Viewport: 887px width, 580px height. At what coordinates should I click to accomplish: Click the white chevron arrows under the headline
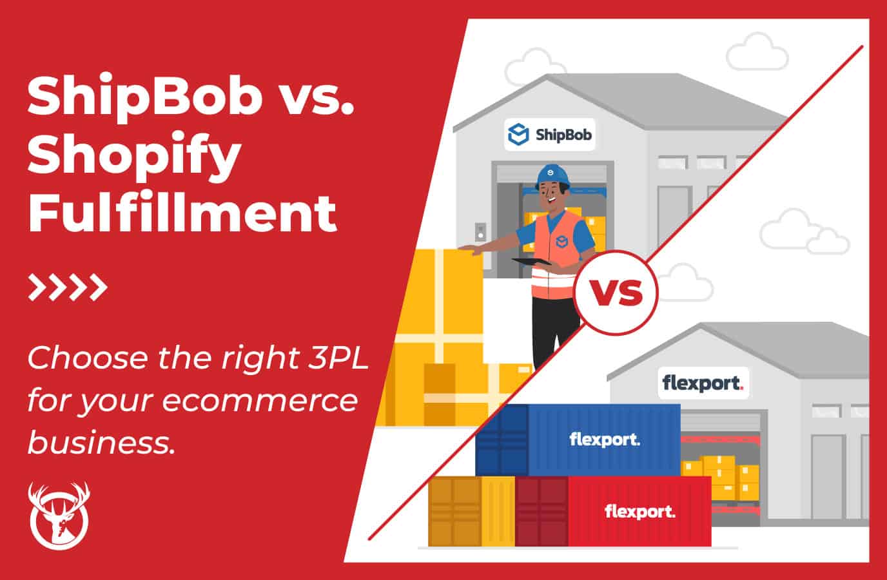pos(67,288)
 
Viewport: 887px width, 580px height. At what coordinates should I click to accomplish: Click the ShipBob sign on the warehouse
pos(549,135)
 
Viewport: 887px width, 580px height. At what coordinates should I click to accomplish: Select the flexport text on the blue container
pos(605,440)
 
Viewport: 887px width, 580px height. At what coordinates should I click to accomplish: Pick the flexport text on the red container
pos(639,512)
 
